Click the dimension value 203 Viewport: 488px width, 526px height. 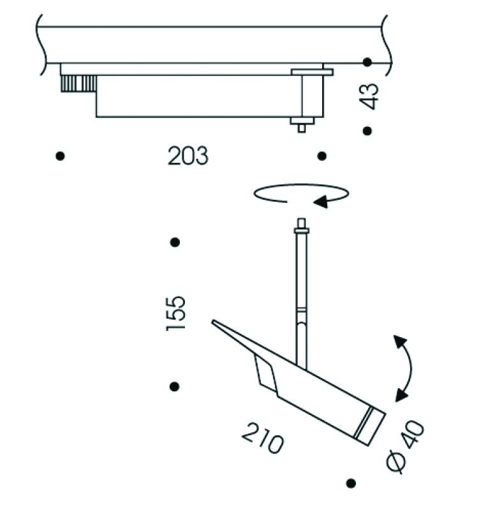tap(188, 156)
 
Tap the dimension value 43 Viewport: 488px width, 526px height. tap(369, 96)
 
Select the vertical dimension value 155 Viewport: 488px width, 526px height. tap(175, 313)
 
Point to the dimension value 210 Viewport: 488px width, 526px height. tap(262, 439)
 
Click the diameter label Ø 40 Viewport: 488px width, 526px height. tap(406, 447)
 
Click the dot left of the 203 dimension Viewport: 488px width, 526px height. tap(60, 156)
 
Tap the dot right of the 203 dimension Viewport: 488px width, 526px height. tap(322, 156)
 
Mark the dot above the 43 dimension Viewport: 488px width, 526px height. tap(367, 62)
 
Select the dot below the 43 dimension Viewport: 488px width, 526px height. tap(367, 131)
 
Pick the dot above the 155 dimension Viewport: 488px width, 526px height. tap(175, 243)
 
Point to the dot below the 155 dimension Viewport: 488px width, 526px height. tap(174, 386)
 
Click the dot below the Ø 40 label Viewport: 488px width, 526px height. tap(350, 483)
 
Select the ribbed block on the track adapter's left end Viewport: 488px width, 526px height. tap(78, 84)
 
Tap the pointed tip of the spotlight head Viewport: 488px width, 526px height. tap(216, 323)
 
